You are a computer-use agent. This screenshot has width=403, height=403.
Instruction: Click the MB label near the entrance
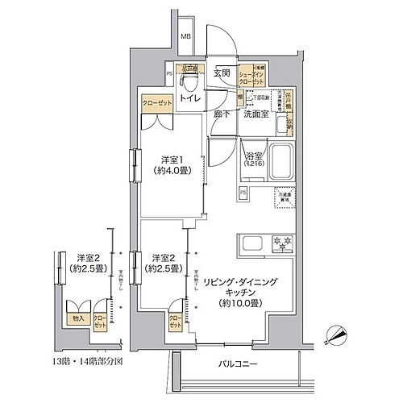tap(185, 36)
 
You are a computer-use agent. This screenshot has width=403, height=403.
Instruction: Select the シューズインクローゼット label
tap(254, 75)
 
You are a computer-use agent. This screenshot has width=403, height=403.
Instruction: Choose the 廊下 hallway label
tap(222, 114)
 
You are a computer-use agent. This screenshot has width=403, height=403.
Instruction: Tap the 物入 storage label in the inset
tap(81, 318)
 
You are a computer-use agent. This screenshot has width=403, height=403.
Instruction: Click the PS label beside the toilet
tap(168, 76)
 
